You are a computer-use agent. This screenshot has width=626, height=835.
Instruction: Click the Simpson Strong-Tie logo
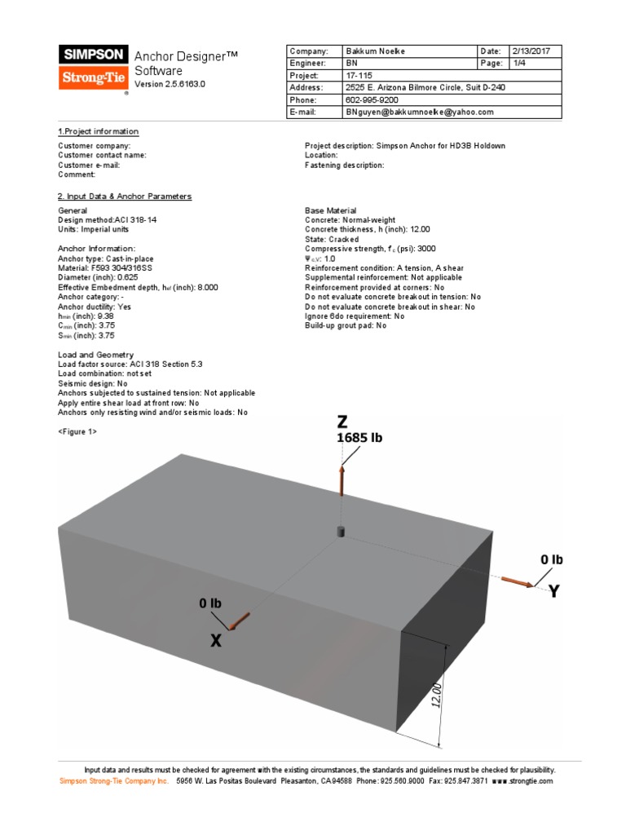(x=93, y=68)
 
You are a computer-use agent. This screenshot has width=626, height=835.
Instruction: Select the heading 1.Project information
(x=98, y=131)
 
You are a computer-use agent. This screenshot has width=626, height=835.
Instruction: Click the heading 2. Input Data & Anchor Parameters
(x=125, y=197)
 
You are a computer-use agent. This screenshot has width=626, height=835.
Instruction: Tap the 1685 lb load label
(x=359, y=438)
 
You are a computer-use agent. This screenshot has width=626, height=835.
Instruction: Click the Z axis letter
(x=342, y=422)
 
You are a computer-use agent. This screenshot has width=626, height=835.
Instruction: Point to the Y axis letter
(x=554, y=591)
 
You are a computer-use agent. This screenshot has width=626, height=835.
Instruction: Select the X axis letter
(x=216, y=641)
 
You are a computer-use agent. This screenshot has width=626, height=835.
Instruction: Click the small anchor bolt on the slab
(x=342, y=532)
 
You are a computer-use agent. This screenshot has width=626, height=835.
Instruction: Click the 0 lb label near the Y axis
(x=552, y=559)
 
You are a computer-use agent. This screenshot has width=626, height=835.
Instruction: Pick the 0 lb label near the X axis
(x=210, y=603)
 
